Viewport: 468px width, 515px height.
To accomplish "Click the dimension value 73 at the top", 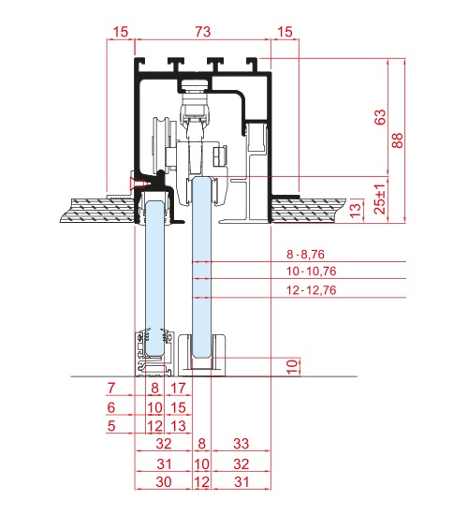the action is (x=202, y=32).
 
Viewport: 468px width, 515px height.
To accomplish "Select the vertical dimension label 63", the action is (x=380, y=117).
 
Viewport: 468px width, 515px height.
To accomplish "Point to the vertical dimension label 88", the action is (x=398, y=140).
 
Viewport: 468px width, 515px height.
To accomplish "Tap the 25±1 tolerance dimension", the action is (x=380, y=199).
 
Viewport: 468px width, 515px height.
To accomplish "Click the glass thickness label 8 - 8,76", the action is (x=305, y=254).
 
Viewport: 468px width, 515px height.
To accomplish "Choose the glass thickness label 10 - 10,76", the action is (x=312, y=272).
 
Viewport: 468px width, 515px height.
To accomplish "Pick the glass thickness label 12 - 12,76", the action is (x=312, y=290).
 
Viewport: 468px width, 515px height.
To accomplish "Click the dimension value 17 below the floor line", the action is (x=179, y=389).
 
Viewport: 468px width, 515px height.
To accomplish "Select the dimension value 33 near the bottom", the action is (x=241, y=444).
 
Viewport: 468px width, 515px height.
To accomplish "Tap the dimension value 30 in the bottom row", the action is (x=164, y=481).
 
